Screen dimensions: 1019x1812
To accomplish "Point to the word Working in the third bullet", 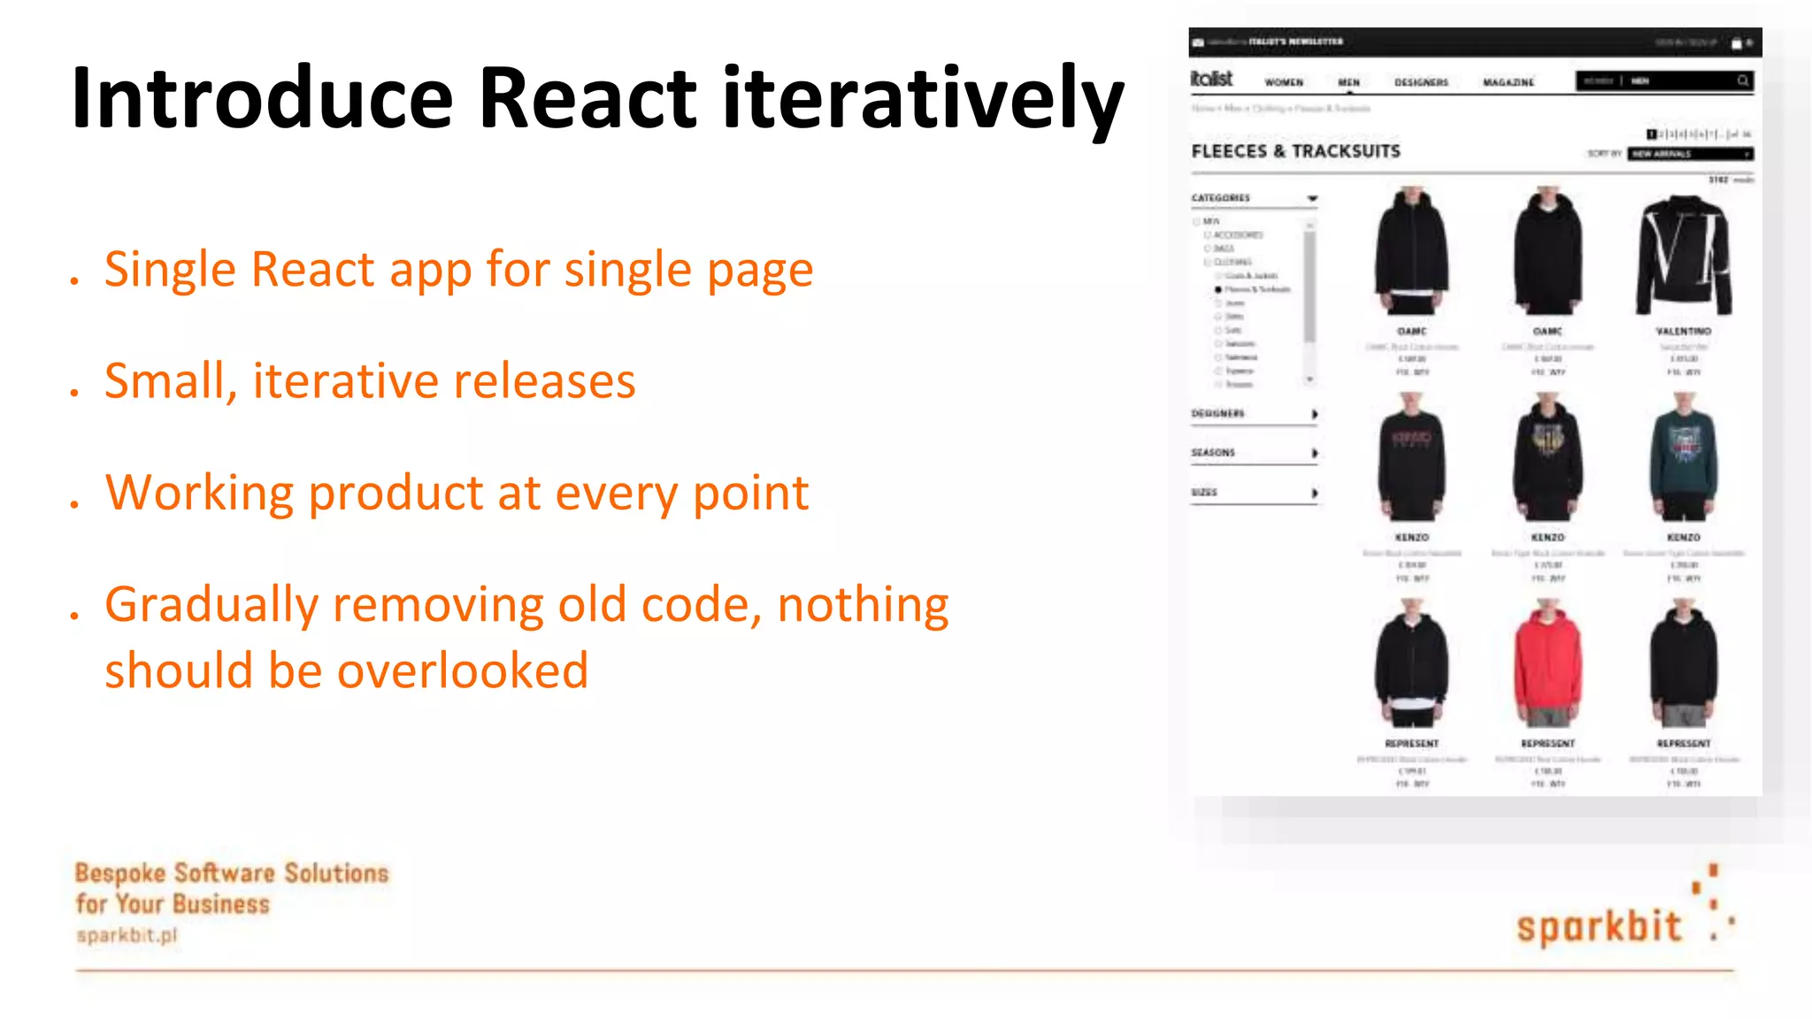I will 199,493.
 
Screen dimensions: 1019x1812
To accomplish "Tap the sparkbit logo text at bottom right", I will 1598,926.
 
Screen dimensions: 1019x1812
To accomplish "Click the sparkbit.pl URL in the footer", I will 127,935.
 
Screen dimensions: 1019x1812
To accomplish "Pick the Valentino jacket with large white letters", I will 1684,254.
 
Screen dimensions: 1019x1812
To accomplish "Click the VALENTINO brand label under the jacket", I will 1684,331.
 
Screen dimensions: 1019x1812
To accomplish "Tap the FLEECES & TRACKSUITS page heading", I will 1295,151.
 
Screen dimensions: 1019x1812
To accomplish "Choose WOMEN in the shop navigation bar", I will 1284,82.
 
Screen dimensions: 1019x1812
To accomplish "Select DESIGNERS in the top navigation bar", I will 1421,82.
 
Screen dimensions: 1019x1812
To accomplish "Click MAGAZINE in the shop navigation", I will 1509,82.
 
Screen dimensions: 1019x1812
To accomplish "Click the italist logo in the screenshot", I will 1212,79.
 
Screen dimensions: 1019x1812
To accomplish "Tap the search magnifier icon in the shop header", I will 1742,80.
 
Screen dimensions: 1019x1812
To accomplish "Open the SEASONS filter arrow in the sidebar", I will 1315,453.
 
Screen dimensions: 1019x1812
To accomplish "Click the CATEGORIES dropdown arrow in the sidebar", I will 1312,198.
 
